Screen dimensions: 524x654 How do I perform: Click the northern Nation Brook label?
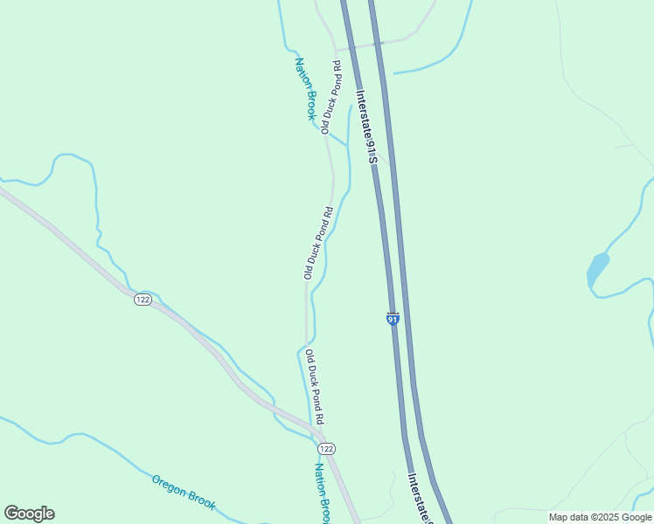(x=305, y=88)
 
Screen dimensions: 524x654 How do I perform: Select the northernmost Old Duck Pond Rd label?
(x=330, y=97)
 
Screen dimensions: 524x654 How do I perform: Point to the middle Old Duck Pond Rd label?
(x=318, y=243)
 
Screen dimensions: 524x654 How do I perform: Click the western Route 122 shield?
(x=143, y=300)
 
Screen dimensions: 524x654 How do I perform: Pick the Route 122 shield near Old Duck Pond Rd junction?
(x=325, y=448)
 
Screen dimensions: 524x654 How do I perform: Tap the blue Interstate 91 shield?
(x=393, y=319)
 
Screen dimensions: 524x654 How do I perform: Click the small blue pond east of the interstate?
(x=597, y=269)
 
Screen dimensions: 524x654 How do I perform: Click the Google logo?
(x=29, y=514)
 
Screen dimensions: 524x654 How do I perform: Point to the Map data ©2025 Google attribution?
(x=601, y=517)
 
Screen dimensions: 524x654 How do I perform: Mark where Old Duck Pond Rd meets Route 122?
(x=320, y=434)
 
